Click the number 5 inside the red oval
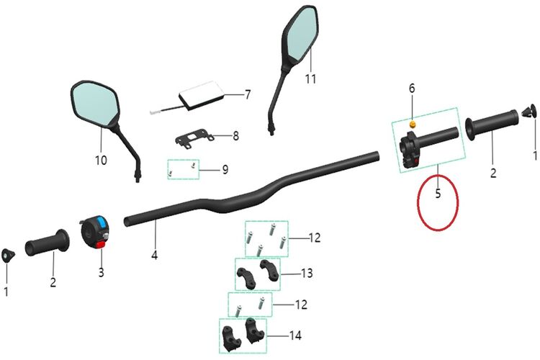pyautogui.click(x=438, y=193)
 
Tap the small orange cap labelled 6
pyautogui.click(x=412, y=124)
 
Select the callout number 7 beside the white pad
pyautogui.click(x=248, y=94)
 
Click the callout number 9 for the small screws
pyautogui.click(x=225, y=169)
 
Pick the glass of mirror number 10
pyautogui.click(x=95, y=104)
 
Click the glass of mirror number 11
pyautogui.click(x=302, y=33)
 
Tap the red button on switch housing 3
pyautogui.click(x=101, y=245)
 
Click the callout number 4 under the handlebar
pyautogui.click(x=155, y=256)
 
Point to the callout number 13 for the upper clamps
pyautogui.click(x=307, y=273)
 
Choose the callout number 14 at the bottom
pyautogui.click(x=295, y=336)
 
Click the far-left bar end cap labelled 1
pyautogui.click(x=7, y=256)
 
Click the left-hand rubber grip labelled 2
pyautogui.click(x=47, y=243)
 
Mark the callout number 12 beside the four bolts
pyautogui.click(x=315, y=238)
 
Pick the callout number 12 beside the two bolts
pyautogui.click(x=302, y=305)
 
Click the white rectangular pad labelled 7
pyautogui.click(x=202, y=96)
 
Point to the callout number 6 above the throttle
pyautogui.click(x=412, y=88)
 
